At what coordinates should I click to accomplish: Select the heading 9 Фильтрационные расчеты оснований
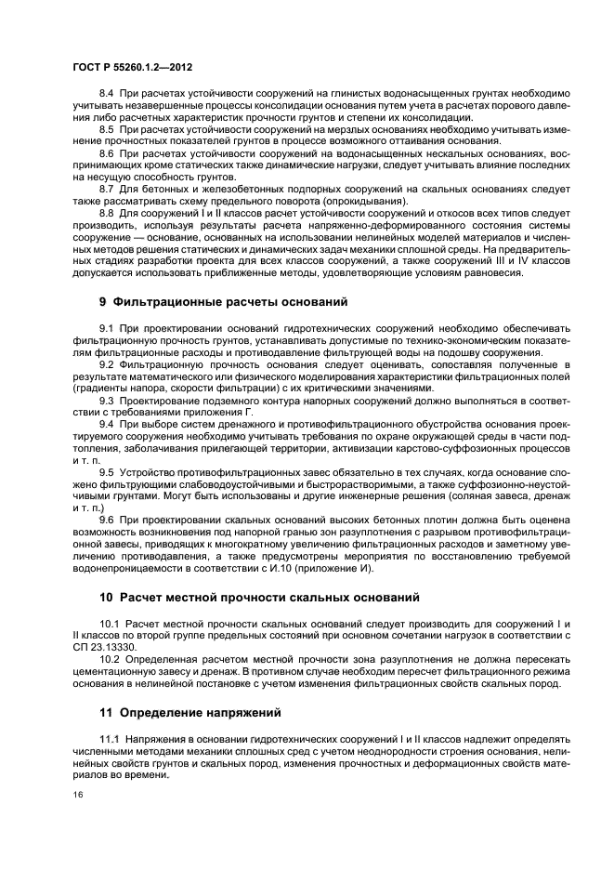tap(223, 301)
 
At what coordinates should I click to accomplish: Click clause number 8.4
tap(105, 96)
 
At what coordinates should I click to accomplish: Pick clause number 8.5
tap(105, 129)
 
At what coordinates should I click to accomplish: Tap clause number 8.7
tap(105, 188)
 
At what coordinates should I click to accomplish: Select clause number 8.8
tap(105, 211)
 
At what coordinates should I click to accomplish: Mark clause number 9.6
tap(105, 519)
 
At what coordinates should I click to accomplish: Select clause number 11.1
tap(109, 738)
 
